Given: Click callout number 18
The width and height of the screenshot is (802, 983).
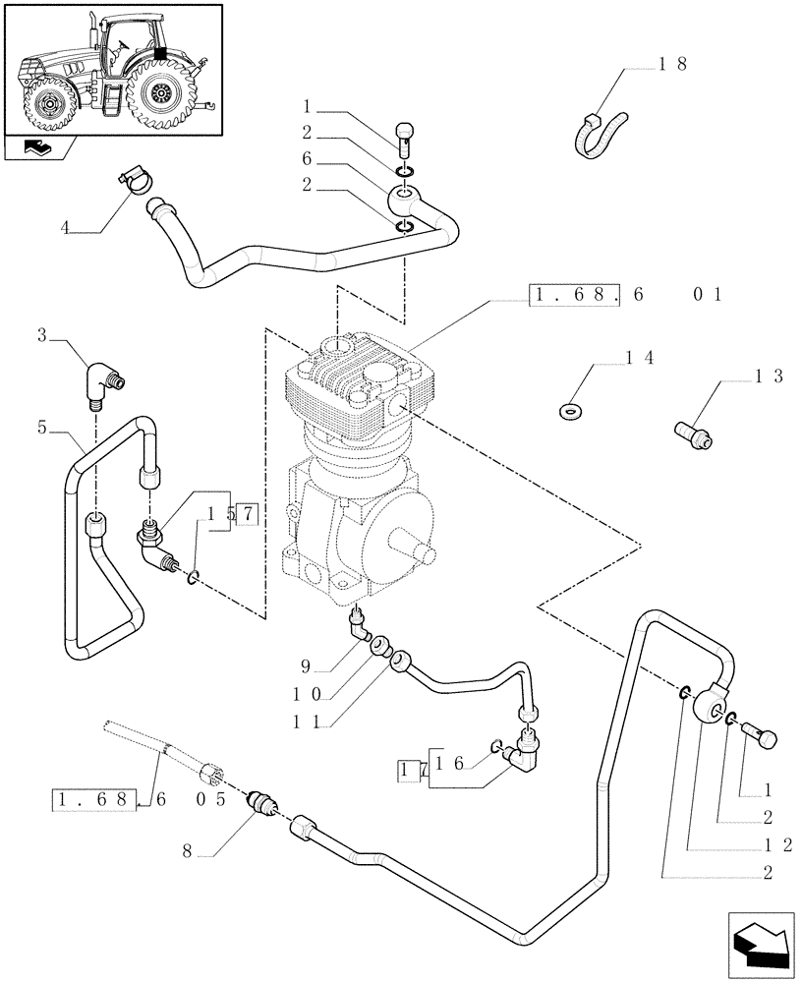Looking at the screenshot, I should (x=672, y=65).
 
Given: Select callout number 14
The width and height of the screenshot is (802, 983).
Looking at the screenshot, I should (x=641, y=360).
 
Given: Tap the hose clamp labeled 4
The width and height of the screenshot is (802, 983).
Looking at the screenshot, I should (x=134, y=180).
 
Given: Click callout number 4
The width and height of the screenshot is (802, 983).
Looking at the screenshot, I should (x=65, y=229).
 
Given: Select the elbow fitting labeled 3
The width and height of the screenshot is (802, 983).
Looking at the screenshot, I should (x=102, y=384).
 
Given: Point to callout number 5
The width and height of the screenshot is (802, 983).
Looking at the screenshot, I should (x=42, y=428).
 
